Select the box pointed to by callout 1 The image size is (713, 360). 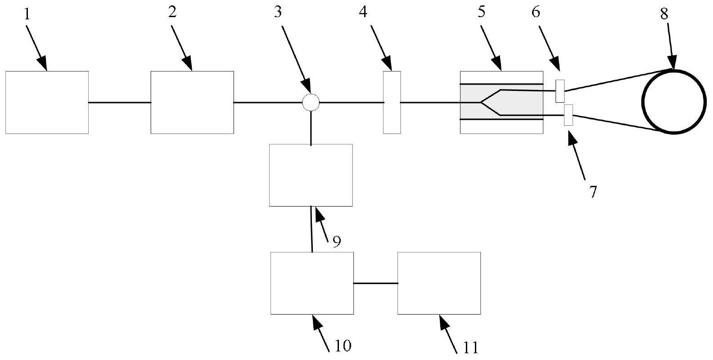(x=47, y=102)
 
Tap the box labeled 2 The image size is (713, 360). (x=192, y=102)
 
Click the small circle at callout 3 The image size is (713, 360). (x=311, y=103)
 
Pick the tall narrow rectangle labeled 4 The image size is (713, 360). (x=392, y=102)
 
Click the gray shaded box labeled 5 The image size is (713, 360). (x=501, y=102)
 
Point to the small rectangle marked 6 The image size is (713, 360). (x=560, y=90)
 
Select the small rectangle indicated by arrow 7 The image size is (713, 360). (x=569, y=115)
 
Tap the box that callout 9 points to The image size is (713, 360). (x=311, y=175)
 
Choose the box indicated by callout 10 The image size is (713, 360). (x=311, y=283)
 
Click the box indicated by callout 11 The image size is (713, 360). (x=439, y=283)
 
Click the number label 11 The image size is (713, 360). (x=470, y=347)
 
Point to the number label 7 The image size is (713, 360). (x=593, y=192)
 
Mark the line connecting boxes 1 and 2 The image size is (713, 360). (x=119, y=103)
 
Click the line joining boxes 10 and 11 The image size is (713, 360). (x=375, y=283)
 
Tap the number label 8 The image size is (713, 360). (x=664, y=14)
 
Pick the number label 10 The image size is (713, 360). (x=343, y=346)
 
